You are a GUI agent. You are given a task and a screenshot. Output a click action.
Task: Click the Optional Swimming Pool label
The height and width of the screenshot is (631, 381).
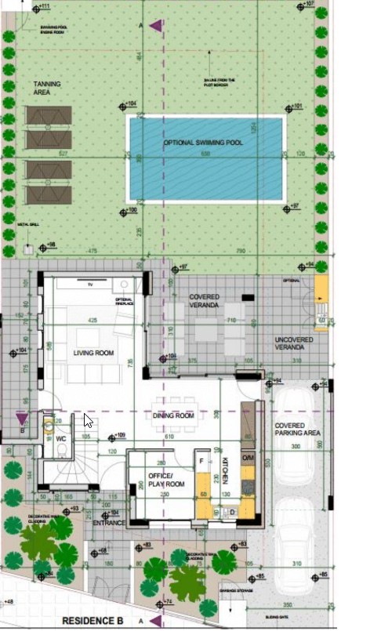click(x=203, y=143)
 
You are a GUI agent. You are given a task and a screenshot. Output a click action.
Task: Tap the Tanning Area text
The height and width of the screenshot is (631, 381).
click(x=46, y=87)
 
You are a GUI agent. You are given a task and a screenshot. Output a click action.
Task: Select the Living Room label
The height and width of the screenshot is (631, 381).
click(x=93, y=354)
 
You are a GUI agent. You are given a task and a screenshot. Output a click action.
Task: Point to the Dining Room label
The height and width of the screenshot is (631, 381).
click(x=174, y=415)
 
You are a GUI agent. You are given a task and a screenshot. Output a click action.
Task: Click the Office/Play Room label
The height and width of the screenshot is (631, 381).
click(x=166, y=480)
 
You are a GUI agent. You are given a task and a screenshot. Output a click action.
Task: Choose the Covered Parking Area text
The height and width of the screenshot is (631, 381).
click(x=296, y=430)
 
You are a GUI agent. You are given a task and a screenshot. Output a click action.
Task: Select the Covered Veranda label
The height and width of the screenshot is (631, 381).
click(x=204, y=301)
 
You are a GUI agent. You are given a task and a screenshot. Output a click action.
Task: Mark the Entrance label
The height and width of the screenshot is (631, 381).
click(x=109, y=523)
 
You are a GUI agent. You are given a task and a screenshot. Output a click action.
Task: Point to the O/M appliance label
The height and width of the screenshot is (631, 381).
click(x=248, y=458)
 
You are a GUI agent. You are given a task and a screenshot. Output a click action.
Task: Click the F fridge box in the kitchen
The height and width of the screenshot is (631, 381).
click(x=202, y=462)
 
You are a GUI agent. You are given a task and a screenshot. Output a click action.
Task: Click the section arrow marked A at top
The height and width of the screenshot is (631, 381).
click(x=156, y=27)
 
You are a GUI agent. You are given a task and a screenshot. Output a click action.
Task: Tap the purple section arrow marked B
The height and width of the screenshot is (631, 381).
click(x=21, y=419)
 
